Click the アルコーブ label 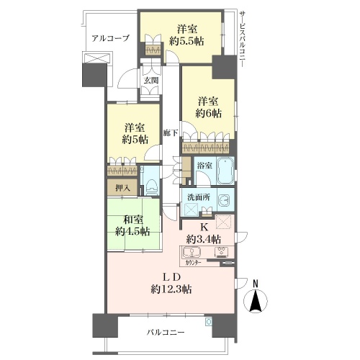tap(111, 38)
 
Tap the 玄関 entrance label tap(151, 81)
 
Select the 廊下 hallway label tap(171, 133)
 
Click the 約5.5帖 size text tap(186, 42)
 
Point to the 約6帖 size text tap(208, 113)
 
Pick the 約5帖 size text tap(135, 140)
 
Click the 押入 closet tap(122, 187)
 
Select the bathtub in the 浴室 tap(225, 171)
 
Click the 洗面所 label tap(199, 197)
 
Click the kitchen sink tap(192, 252)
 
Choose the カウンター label tap(193, 263)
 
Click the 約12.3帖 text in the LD tap(171, 289)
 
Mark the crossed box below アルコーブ tap(96, 58)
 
